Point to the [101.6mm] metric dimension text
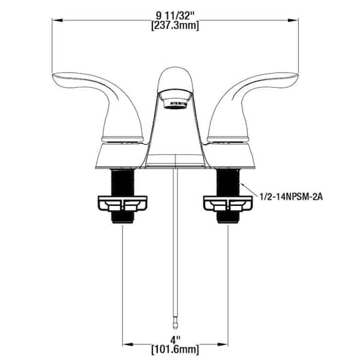[176, 349]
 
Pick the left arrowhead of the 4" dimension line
[126, 344]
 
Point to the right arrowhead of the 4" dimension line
[227, 344]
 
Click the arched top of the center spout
[176, 73]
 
